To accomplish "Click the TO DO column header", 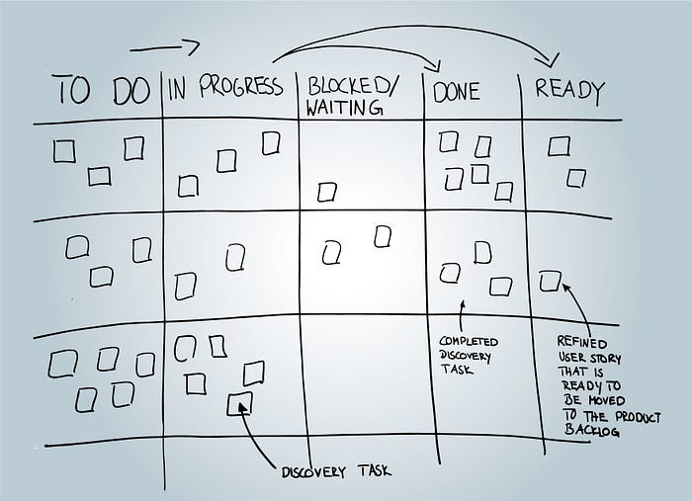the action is [103, 90].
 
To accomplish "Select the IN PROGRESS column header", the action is [225, 86].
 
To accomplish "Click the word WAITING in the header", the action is [343, 107].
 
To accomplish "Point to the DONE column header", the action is [457, 92].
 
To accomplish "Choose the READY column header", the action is [568, 91].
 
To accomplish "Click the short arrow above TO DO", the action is [165, 47].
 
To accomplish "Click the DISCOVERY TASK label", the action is [336, 471].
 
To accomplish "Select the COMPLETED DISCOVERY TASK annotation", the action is [468, 356].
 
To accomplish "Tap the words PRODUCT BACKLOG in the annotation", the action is [613, 423].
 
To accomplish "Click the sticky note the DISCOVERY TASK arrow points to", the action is [239, 403].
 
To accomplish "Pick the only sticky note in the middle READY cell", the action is [550, 281].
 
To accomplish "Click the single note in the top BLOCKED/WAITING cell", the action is [327, 193].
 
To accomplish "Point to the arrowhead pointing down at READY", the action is [550, 61].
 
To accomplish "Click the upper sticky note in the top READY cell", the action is [559, 146].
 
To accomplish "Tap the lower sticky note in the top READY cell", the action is [576, 179].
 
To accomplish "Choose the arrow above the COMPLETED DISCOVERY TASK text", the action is [462, 316].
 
